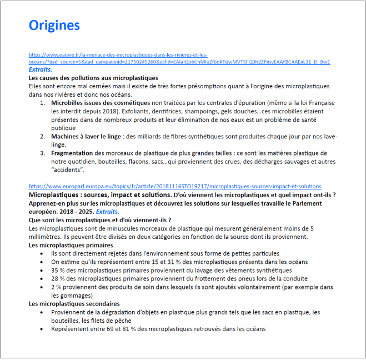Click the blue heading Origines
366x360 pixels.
[54, 25]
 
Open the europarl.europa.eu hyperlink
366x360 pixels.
[174, 187]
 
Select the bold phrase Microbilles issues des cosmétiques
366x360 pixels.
[101, 103]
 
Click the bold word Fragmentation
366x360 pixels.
[72, 153]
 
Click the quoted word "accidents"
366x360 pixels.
[67, 169]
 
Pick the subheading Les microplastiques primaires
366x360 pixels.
[71, 245]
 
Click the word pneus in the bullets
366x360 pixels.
[242, 278]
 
